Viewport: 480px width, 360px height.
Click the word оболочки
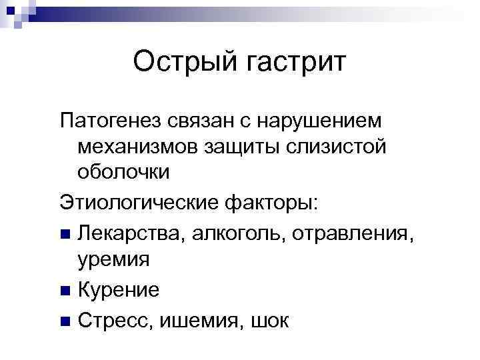pos(123,171)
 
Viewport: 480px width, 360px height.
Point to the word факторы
pos(275,203)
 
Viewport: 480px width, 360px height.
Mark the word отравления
pos(343,234)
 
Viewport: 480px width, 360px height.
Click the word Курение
pos(118,290)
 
